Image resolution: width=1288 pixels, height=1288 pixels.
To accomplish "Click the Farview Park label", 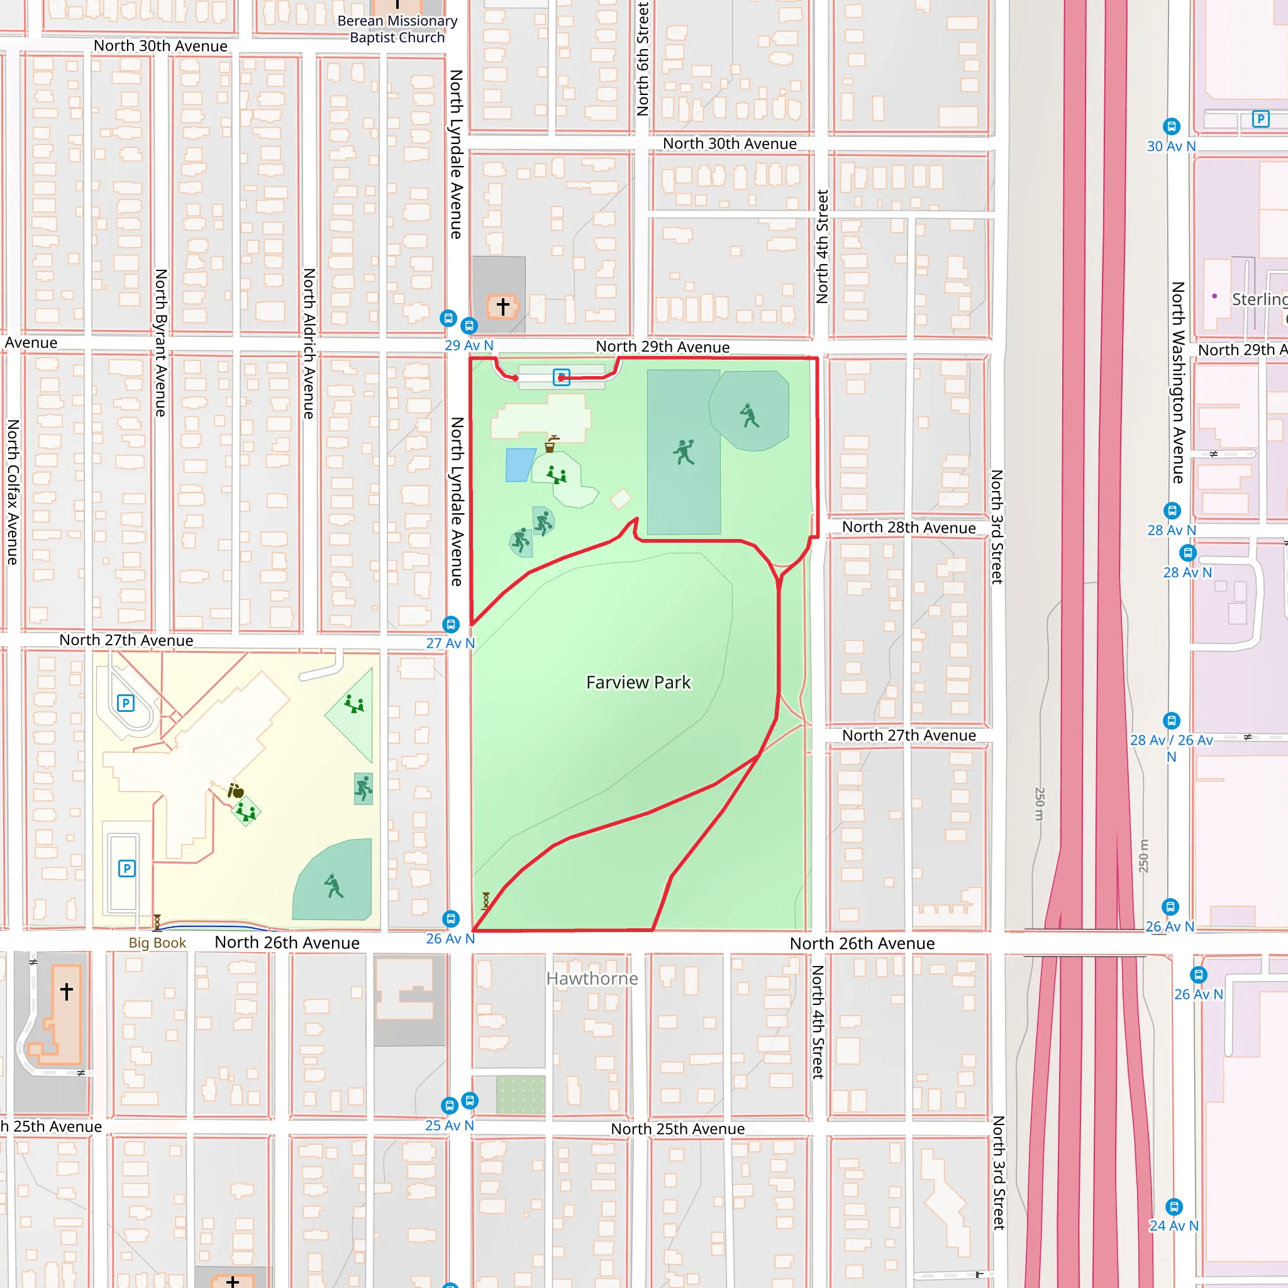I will click(x=638, y=682).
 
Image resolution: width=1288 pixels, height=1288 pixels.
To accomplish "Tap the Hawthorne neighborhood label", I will click(x=591, y=978).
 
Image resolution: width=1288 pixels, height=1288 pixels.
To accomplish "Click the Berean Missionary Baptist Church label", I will click(x=397, y=30).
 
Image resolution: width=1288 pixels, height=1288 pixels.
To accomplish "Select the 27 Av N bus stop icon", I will click(x=452, y=624).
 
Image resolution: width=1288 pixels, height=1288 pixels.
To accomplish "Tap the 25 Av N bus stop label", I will click(x=449, y=1125).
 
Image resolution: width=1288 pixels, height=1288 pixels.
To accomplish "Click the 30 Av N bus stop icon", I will click(x=1171, y=126).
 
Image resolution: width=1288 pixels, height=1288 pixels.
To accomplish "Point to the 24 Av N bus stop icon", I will click(x=1174, y=1207).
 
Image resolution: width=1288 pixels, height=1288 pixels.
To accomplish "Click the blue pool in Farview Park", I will click(x=519, y=465).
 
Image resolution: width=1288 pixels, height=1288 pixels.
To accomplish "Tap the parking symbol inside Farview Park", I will click(x=562, y=377).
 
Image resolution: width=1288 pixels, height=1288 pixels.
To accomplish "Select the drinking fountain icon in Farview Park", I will click(x=551, y=444).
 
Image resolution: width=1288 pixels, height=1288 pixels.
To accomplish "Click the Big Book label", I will click(x=157, y=943).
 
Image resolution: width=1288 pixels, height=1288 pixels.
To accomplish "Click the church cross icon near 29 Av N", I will click(x=502, y=306).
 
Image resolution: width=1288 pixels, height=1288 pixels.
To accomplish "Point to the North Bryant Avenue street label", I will click(x=160, y=343).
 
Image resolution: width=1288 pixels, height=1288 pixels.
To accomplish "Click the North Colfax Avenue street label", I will click(x=13, y=491).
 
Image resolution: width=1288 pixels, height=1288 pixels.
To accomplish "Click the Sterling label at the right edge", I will click(x=1258, y=299).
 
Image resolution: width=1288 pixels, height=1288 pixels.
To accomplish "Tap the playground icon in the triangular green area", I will click(x=354, y=704).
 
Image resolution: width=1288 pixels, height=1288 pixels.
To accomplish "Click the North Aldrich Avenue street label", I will click(x=309, y=343).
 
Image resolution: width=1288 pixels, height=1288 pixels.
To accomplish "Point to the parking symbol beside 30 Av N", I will click(x=1260, y=119).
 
